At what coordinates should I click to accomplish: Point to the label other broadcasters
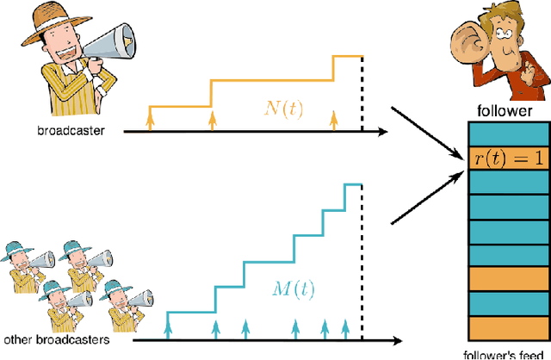point(56,339)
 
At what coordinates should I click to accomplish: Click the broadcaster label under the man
point(65,132)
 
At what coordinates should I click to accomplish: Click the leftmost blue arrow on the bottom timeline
point(167,327)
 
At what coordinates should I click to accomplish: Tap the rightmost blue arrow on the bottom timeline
point(346,327)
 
